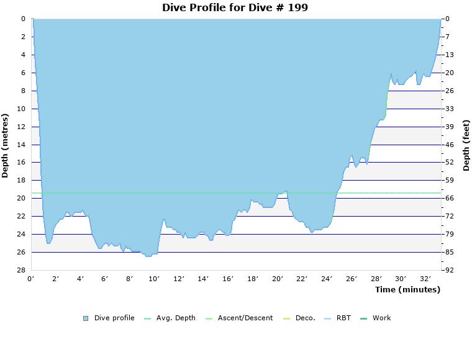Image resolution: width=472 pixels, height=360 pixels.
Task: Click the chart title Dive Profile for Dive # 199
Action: (x=235, y=7)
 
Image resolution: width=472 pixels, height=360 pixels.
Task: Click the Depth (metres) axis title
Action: (x=6, y=145)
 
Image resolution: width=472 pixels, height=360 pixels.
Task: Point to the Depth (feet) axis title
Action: (x=466, y=145)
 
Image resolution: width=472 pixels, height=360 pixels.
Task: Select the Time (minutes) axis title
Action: (x=407, y=289)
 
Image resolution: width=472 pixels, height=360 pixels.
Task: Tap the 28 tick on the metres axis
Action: (x=22, y=270)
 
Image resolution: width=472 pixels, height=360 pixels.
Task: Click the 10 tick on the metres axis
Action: (x=22, y=109)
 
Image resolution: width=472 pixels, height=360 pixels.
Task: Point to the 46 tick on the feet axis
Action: (x=450, y=145)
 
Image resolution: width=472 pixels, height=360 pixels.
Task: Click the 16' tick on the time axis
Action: (x=228, y=279)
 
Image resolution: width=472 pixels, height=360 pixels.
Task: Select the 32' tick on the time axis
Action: (x=425, y=279)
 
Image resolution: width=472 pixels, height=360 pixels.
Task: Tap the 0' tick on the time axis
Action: (x=31, y=279)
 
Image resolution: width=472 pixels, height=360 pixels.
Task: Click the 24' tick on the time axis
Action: (x=327, y=279)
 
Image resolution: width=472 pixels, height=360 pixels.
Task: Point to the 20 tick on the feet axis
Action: (x=450, y=73)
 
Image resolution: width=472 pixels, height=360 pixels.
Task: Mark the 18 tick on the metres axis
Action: (x=22, y=180)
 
